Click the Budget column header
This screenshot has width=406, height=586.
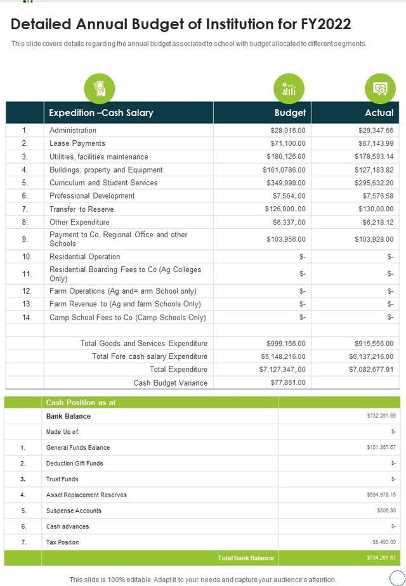coord(289,113)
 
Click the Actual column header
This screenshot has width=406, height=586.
coord(379,113)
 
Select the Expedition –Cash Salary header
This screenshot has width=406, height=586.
coord(101,113)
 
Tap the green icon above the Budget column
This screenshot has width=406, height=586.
coord(289,89)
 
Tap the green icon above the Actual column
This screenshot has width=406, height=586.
coord(380,89)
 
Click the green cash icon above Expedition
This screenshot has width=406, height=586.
coord(99,89)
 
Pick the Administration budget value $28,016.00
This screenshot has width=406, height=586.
coord(287,130)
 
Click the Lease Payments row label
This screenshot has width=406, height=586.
coord(77,143)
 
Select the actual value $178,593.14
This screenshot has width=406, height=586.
coord(371,157)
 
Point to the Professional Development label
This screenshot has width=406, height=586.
coord(92,196)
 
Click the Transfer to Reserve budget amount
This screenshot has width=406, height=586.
coord(285,209)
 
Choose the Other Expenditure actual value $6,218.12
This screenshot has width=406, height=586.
coord(378,223)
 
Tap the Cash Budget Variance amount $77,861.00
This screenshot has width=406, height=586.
coord(287,382)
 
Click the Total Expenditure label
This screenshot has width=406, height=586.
coord(178,369)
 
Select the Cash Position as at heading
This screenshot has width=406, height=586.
coord(81,402)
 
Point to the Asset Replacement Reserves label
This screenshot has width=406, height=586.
coord(86,495)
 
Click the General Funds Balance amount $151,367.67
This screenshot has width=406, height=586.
coord(381,448)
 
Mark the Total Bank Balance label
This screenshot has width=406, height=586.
coord(246,558)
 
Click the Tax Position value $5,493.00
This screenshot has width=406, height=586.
coord(384,542)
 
